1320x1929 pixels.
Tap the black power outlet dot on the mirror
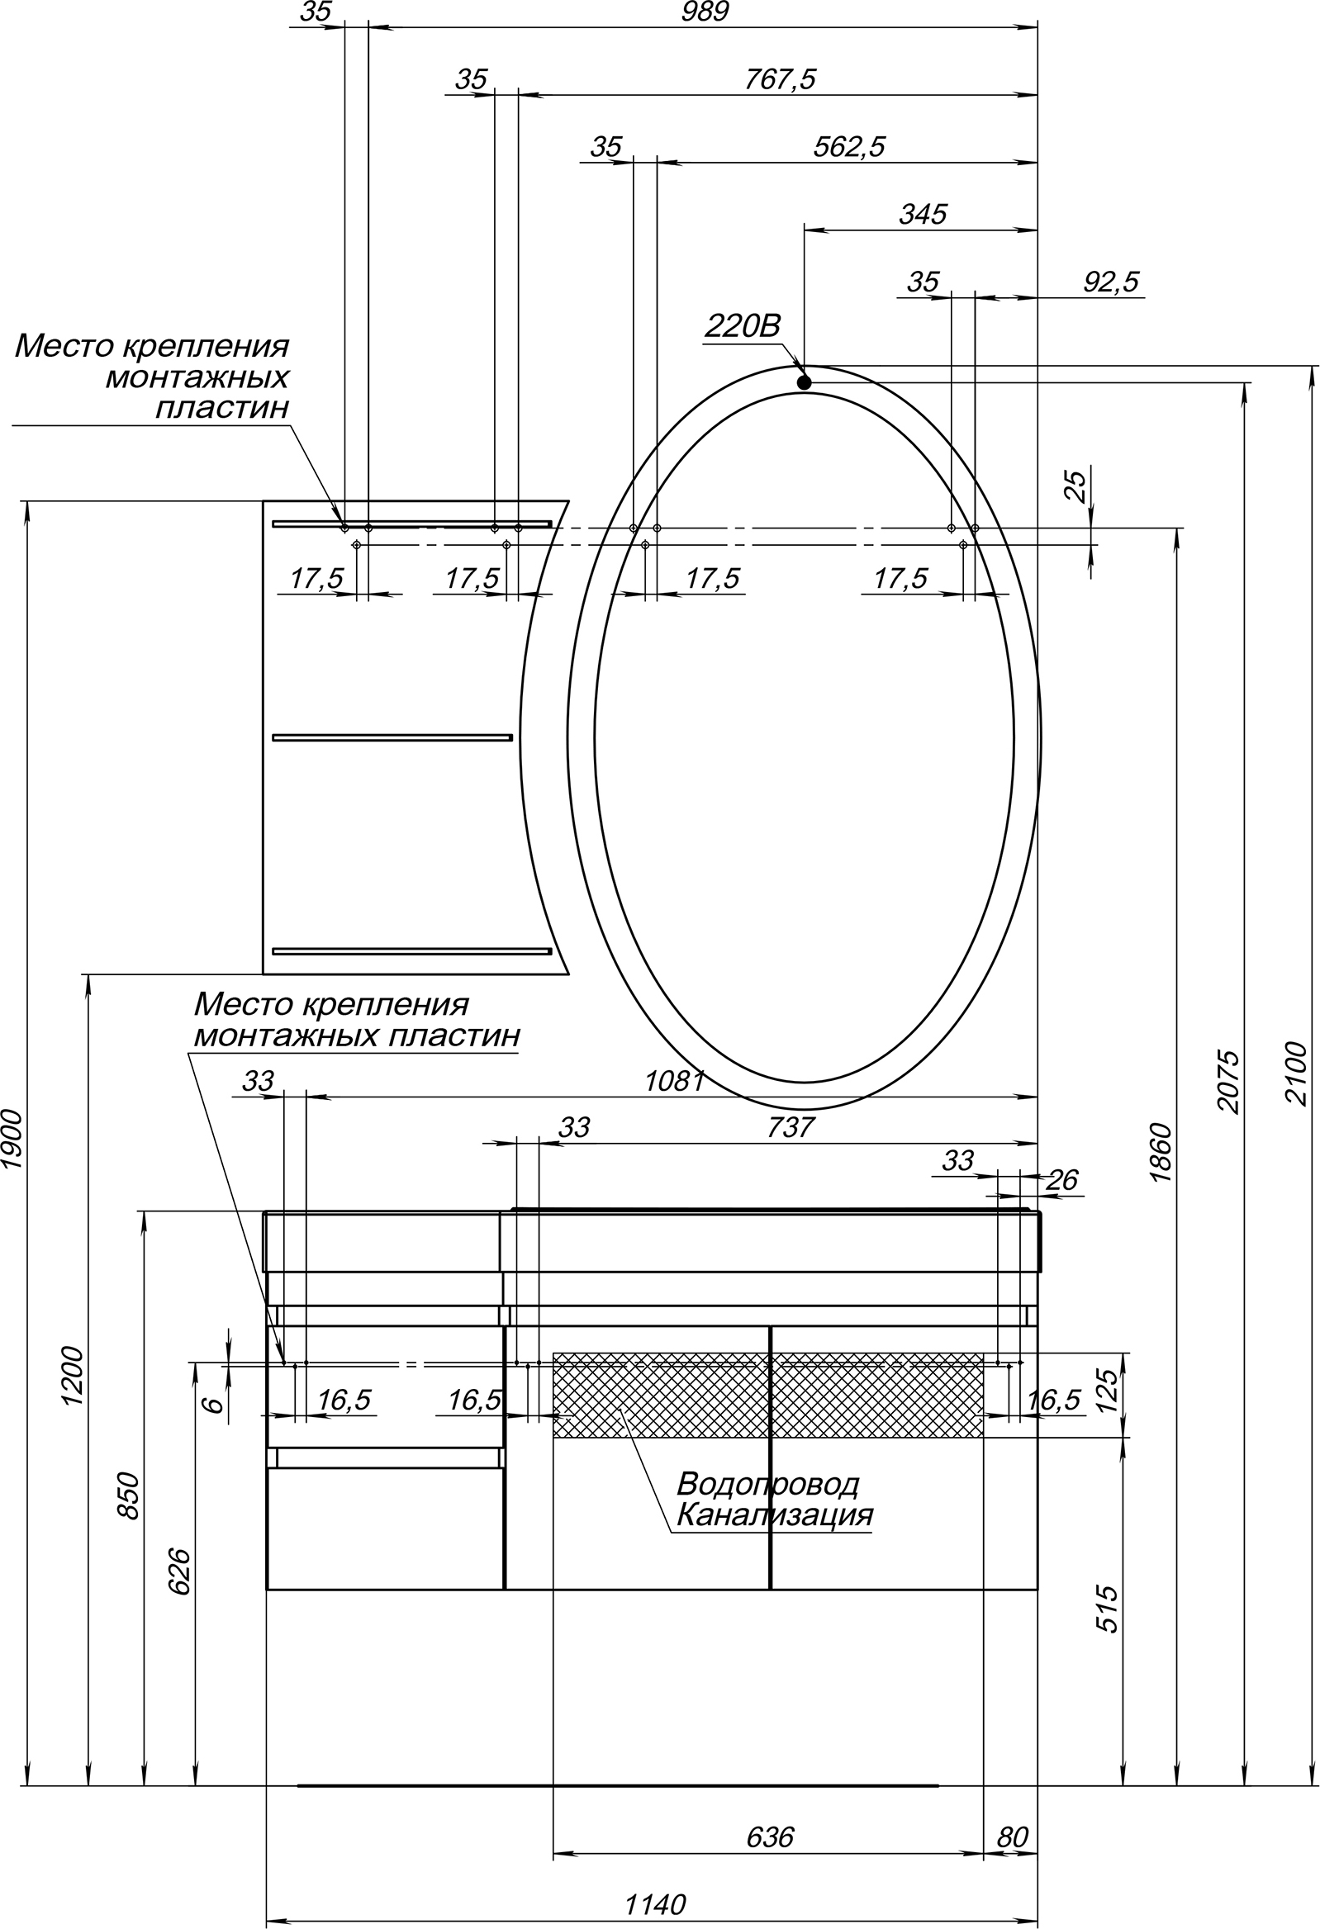804,382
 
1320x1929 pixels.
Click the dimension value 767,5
780,79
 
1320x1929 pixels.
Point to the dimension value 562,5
848,147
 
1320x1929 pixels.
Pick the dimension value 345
923,214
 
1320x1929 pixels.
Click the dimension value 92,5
1112,282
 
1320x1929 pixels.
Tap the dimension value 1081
675,1081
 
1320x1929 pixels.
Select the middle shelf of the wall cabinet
392,737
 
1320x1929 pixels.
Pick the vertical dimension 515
1109,1609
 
